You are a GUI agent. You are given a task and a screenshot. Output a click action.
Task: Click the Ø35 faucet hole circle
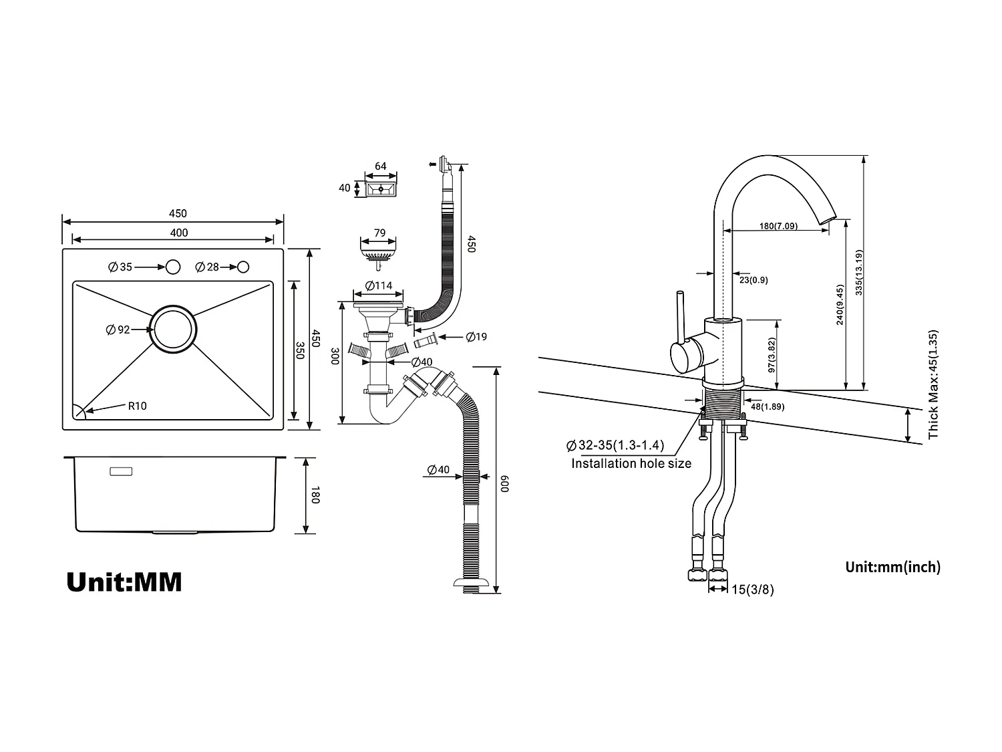pos(173,267)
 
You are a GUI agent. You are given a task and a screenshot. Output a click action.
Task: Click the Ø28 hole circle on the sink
pos(243,267)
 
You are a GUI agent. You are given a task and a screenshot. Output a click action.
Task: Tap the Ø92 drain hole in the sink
pos(174,329)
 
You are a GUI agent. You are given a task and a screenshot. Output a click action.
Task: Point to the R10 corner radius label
pos(137,406)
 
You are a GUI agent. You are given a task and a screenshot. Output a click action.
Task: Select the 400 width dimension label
pos(179,233)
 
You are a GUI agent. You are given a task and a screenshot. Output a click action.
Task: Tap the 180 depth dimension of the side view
pos(316,496)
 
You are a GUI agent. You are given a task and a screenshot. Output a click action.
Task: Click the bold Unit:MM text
pos(124,582)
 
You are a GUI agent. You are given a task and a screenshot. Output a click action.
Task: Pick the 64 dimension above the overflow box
pos(381,166)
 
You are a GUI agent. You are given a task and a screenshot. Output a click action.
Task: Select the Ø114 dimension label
pos(379,286)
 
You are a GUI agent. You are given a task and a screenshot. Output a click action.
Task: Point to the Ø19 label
pos(476,336)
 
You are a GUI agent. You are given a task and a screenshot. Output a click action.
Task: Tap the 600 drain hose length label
pos(506,483)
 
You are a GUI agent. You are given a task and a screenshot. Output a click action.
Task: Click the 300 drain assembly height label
pos(335,356)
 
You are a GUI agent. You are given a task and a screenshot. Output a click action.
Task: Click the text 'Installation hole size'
pos(631,463)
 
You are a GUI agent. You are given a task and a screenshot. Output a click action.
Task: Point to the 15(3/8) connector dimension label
pos(752,589)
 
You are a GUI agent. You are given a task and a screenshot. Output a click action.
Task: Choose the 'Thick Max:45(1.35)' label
pos(933,384)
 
